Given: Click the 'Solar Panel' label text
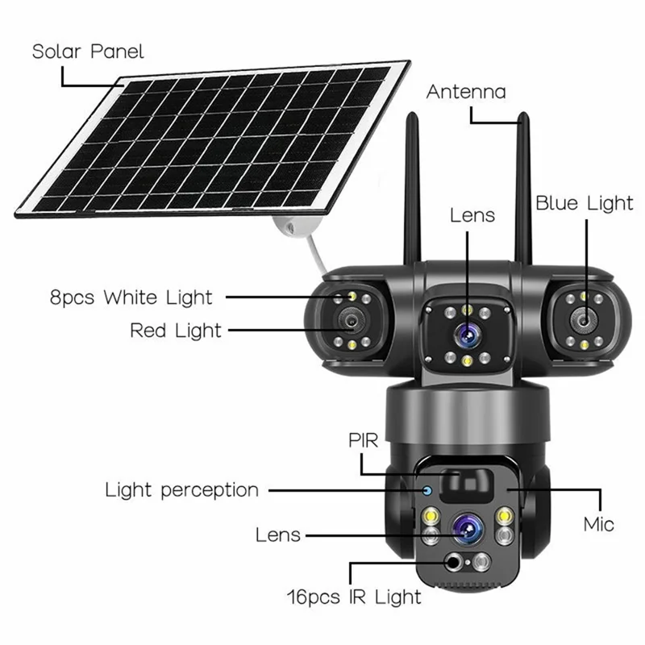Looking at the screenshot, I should tap(88, 52).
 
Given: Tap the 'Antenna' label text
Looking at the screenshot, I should tap(466, 91).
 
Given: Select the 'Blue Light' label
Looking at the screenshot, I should tap(585, 203).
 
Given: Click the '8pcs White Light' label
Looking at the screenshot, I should tap(131, 297).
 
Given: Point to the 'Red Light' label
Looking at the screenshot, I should tap(175, 330).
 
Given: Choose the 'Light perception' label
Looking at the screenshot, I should tap(182, 489).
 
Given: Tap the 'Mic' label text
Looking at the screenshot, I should tap(599, 525).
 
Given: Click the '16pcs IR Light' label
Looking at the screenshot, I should tap(355, 597).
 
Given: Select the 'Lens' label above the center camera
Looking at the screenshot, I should tap(472, 215).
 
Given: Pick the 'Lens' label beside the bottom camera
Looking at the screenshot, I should tap(278, 534).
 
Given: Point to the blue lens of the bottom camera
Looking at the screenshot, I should tap(467, 530).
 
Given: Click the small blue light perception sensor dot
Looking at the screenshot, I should tap(427, 489).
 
